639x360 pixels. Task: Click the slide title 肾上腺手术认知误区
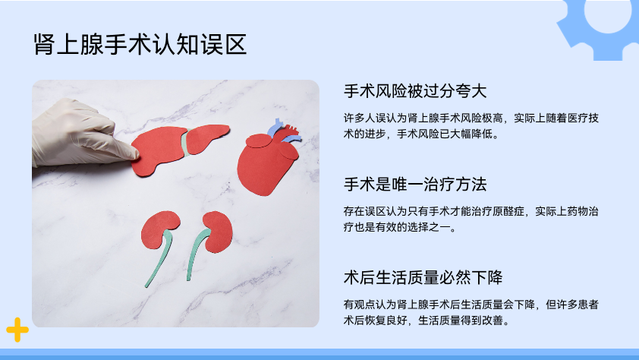pos(140,45)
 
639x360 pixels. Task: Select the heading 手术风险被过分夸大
pos(415,91)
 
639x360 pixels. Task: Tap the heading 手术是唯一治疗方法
pos(415,185)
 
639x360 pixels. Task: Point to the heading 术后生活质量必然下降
pos(423,278)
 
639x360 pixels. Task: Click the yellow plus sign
pos(17,330)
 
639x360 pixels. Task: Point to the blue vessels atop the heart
pos(283,131)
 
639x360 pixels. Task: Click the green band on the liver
pos(186,143)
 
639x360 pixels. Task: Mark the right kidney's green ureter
pos(197,253)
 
